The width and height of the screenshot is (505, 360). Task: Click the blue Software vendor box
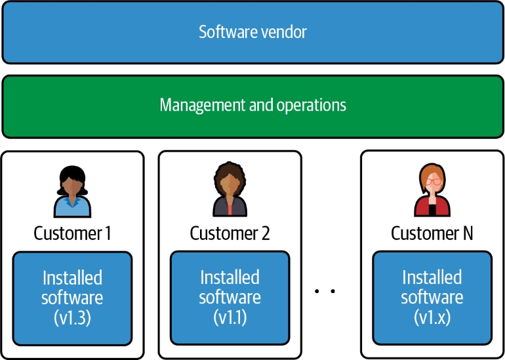(x=253, y=31)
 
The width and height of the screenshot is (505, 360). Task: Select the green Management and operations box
(x=253, y=106)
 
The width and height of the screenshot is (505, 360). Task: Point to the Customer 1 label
(x=72, y=233)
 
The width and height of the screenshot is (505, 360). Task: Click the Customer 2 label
(x=230, y=233)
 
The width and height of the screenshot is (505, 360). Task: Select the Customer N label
(x=432, y=233)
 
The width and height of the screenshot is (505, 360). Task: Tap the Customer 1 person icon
(x=72, y=191)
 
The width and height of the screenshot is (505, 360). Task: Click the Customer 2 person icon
(x=230, y=190)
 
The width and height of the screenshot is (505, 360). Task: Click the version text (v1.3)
(x=72, y=318)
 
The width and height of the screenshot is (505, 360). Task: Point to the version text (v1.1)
(x=230, y=318)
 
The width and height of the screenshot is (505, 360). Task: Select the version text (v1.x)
(x=432, y=318)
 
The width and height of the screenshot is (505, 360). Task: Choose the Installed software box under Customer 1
(x=72, y=298)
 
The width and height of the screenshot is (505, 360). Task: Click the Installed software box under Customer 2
(x=230, y=298)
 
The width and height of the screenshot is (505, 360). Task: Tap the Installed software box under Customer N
(x=432, y=298)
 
